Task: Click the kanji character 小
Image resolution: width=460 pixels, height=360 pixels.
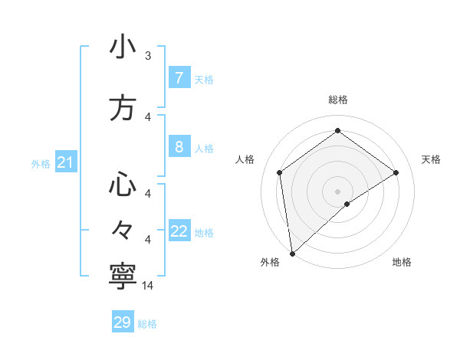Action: click(122, 47)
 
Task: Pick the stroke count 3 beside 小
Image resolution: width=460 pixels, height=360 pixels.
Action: click(148, 55)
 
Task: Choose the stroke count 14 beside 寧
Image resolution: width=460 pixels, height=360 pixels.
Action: click(148, 285)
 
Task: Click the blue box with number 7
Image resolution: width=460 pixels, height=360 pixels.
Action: click(179, 78)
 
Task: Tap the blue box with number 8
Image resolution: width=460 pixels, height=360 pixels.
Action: click(179, 147)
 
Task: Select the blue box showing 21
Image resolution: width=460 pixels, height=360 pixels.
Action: click(65, 162)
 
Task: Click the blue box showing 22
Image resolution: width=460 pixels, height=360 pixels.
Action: click(179, 231)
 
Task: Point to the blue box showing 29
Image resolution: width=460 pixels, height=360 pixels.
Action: click(122, 322)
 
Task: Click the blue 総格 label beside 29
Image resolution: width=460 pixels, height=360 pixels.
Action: click(147, 324)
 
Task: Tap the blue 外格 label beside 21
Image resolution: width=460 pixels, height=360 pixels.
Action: click(41, 164)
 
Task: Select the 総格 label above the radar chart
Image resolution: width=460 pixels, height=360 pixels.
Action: click(337, 100)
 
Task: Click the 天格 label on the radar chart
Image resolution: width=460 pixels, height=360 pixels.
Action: click(431, 159)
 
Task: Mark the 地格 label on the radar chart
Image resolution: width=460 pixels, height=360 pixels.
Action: click(402, 262)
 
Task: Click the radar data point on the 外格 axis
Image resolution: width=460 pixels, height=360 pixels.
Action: click(291, 253)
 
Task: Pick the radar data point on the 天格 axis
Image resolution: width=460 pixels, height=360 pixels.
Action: click(396, 172)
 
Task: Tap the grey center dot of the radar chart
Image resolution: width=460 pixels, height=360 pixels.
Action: click(337, 190)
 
